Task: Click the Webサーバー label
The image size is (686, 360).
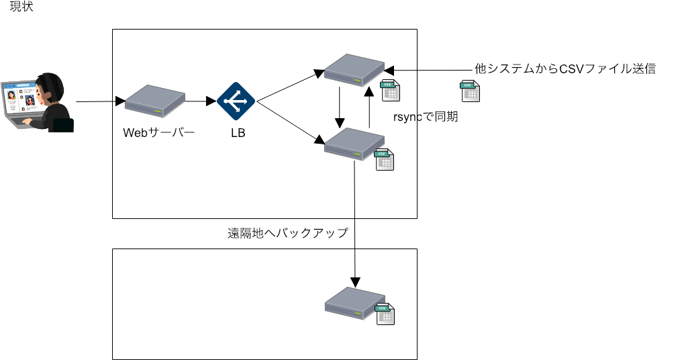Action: click(x=158, y=132)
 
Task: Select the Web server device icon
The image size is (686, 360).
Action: click(x=154, y=100)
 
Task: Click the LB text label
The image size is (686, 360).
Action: click(x=238, y=133)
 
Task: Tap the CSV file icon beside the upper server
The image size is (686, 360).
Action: click(x=390, y=90)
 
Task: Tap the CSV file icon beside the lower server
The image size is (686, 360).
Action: click(x=384, y=160)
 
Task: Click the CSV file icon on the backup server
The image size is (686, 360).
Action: click(x=385, y=314)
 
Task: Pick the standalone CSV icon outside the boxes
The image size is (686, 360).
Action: click(x=469, y=91)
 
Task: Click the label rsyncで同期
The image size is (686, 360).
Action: click(x=426, y=116)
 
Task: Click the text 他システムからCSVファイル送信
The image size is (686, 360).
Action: click(x=564, y=69)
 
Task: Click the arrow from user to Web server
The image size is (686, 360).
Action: click(x=101, y=102)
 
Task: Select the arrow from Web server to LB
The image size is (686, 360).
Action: click(x=201, y=102)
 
